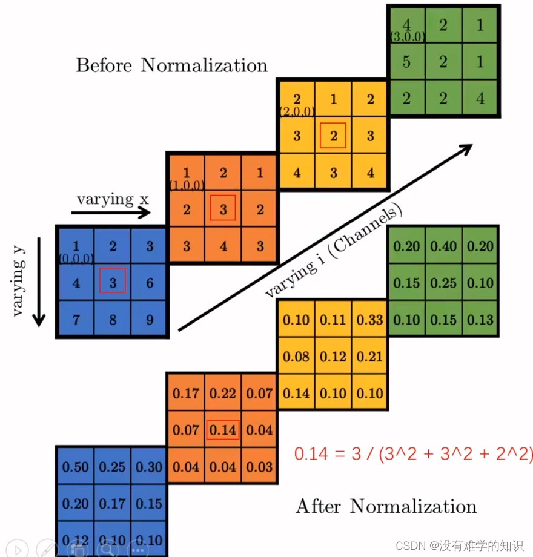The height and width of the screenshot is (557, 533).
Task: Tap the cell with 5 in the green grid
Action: click(x=406, y=61)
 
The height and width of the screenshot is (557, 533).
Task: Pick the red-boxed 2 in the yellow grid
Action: click(x=333, y=135)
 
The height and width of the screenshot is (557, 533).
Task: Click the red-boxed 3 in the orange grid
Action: click(x=223, y=209)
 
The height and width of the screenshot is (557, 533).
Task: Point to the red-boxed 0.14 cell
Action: click(x=223, y=430)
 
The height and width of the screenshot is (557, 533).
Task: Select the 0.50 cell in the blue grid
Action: click(x=76, y=467)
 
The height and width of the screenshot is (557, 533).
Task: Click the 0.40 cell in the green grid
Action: click(x=443, y=246)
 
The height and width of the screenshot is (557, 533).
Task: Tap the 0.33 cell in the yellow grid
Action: click(x=369, y=320)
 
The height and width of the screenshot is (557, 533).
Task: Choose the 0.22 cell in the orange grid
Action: click(x=223, y=394)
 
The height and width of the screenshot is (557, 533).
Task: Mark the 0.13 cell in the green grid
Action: click(x=480, y=320)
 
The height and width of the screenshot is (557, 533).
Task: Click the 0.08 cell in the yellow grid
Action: click(x=296, y=357)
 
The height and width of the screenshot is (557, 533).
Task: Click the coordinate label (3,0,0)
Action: click(x=407, y=37)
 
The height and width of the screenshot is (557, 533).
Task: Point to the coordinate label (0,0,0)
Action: click(x=76, y=259)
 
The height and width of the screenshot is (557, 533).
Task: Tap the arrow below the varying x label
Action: click(x=111, y=213)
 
